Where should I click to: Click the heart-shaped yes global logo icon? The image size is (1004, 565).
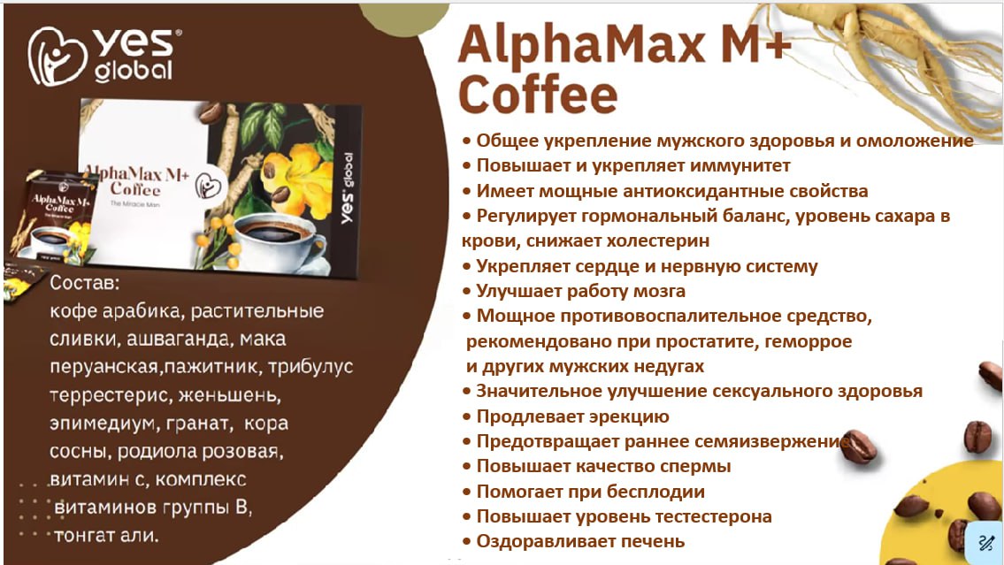click(57, 57)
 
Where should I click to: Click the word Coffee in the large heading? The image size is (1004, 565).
click(538, 95)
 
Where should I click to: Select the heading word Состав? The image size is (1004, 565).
click(85, 282)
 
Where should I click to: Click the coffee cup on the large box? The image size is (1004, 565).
click(277, 239)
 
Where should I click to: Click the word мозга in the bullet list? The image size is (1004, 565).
click(659, 291)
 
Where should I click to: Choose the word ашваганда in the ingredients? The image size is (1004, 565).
click(180, 339)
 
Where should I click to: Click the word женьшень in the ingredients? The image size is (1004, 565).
click(229, 395)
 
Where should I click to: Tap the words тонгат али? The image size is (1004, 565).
click(105, 535)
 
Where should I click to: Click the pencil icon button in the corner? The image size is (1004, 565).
click(985, 543)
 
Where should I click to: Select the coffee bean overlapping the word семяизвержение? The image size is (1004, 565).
click(858, 446)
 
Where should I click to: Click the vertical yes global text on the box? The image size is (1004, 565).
click(347, 187)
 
